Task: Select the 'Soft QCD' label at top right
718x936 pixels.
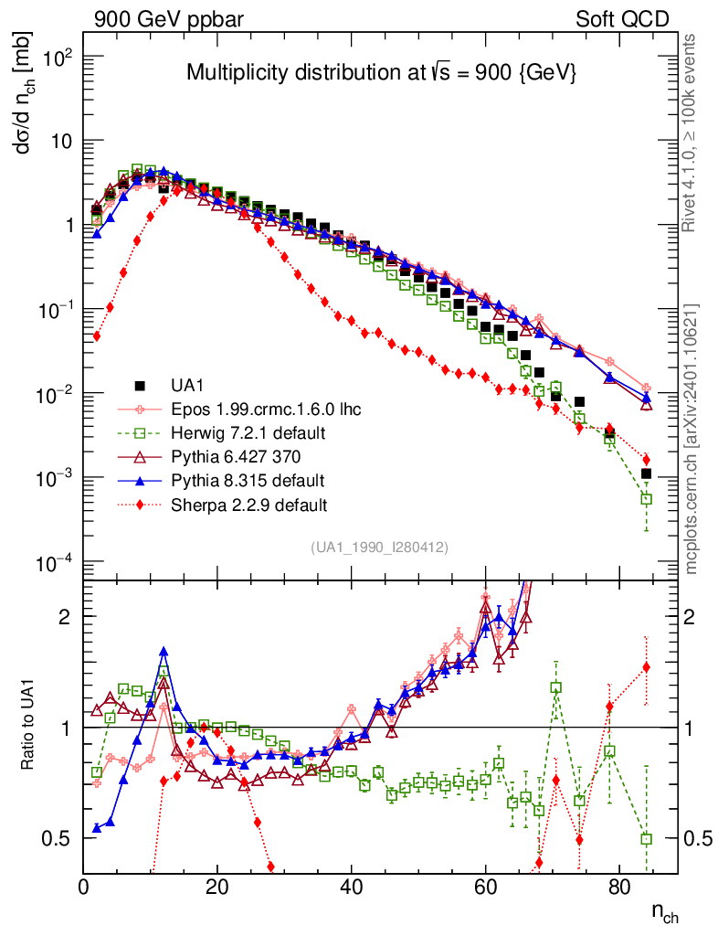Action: pos(622,19)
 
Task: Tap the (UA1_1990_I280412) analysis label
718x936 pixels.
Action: pos(379,548)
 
